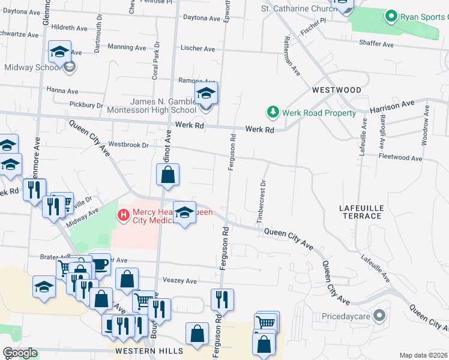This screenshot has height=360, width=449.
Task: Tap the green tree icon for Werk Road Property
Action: (273, 112)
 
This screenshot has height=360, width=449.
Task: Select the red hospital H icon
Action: (124, 214)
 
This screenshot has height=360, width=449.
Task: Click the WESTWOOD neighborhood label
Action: (337, 90)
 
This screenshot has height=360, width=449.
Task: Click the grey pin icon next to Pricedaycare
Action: (379, 314)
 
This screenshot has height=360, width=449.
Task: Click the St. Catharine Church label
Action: (298, 8)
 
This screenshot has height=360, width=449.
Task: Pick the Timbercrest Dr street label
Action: (261, 202)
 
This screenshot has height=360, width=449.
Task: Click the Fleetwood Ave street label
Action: (402, 157)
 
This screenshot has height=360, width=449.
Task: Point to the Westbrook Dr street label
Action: (128, 145)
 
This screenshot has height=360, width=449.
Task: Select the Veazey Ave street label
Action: (180, 281)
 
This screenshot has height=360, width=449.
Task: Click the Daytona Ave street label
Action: (202, 18)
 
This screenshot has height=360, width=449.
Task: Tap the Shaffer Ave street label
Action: (376, 44)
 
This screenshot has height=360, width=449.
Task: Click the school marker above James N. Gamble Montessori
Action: (206, 94)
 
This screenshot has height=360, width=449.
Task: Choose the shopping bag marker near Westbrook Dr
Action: (169, 175)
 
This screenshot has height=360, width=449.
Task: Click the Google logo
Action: (20, 353)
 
